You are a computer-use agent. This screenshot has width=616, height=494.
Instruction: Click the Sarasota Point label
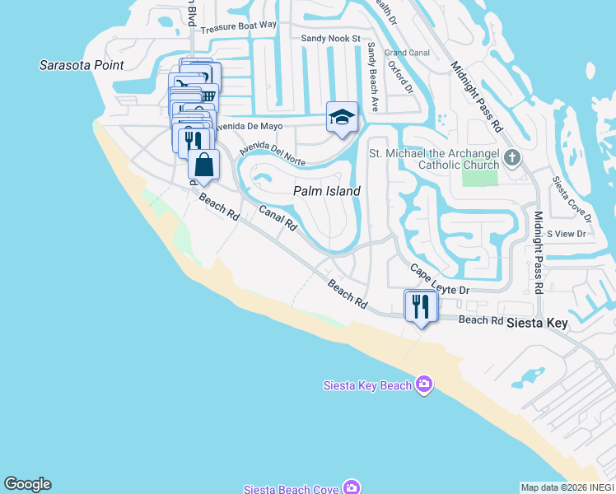[x=82, y=65]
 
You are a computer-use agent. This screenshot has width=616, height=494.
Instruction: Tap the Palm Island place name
[x=327, y=191]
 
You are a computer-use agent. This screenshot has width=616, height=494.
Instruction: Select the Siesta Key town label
[x=537, y=323]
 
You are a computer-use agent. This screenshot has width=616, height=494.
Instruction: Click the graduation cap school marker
[x=342, y=118]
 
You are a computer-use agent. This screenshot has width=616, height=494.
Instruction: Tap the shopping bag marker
[x=203, y=165]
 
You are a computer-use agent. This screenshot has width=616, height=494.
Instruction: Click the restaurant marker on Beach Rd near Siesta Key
[x=421, y=307]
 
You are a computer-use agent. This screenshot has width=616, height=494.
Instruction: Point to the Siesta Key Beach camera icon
[x=424, y=384]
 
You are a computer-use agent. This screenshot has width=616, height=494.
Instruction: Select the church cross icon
[x=511, y=156]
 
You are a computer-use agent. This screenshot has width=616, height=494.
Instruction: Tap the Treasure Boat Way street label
[x=239, y=26]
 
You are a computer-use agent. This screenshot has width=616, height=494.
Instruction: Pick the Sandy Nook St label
[x=330, y=38]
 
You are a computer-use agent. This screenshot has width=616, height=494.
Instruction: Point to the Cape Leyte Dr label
[x=440, y=280]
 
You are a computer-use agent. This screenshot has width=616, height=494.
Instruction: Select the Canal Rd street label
[x=278, y=217]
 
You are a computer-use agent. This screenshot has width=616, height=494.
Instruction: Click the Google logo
[x=27, y=484]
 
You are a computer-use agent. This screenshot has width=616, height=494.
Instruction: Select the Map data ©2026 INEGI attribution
[x=567, y=487]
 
